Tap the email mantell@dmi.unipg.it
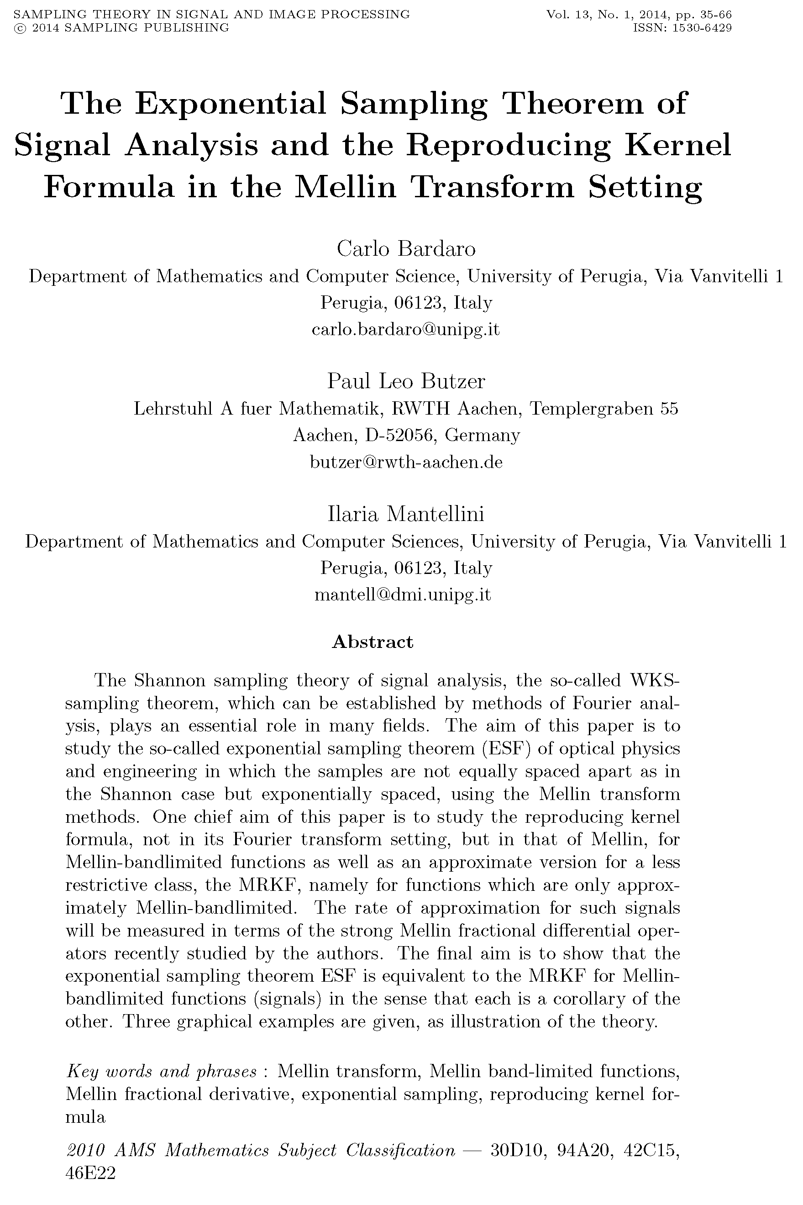click(x=403, y=595)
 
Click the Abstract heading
click(x=373, y=642)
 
